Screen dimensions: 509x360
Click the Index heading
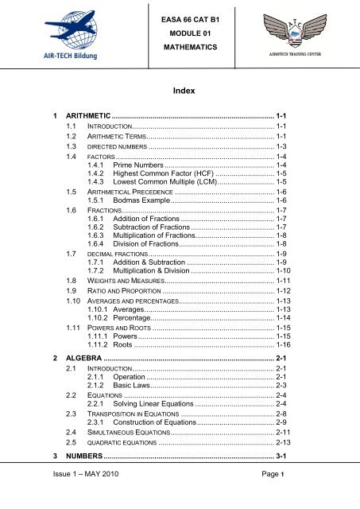[x=180, y=92]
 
